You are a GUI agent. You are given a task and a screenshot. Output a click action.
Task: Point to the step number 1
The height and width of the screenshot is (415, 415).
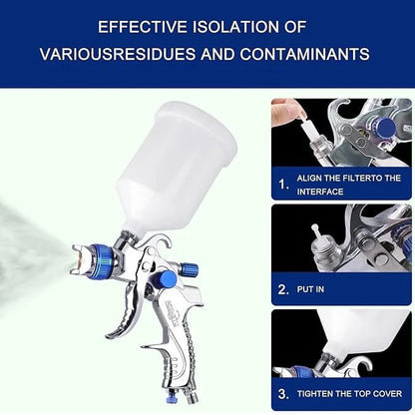(x=284, y=184)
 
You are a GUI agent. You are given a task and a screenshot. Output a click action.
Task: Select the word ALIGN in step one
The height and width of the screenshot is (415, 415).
(x=311, y=176)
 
